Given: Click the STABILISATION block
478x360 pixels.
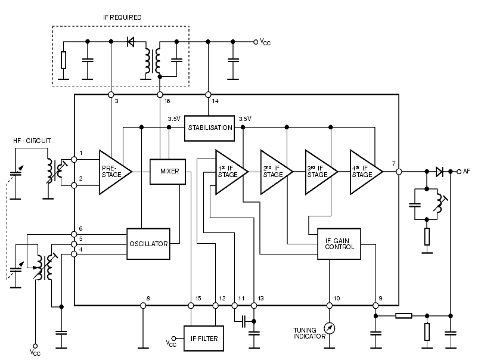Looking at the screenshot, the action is click(209, 128).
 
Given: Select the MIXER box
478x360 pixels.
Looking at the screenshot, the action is click(167, 172).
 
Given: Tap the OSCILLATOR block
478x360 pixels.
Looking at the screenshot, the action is click(148, 244).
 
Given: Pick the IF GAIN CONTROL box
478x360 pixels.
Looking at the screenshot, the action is click(339, 244).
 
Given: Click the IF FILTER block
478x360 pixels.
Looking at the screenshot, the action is click(204, 339).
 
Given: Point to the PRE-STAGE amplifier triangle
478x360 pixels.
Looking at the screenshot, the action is click(115, 172).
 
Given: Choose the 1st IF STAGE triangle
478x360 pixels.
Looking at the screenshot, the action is click(231, 172).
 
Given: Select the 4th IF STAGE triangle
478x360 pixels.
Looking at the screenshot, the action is click(366, 172).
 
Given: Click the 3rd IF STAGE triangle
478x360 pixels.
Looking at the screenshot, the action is click(321, 172).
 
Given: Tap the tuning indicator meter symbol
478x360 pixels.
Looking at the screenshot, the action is click(329, 328).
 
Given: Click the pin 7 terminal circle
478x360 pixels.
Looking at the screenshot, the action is click(399, 172).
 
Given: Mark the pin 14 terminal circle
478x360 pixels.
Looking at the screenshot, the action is click(208, 95).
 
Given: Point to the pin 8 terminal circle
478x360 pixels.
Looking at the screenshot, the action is click(143, 305).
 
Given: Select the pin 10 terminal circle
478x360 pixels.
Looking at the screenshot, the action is click(329, 305).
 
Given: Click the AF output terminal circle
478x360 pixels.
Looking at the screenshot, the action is click(459, 172).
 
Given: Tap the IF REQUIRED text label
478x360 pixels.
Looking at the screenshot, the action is click(122, 17).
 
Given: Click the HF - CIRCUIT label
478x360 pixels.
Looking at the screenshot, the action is click(32, 141).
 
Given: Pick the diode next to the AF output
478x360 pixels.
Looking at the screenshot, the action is click(439, 172).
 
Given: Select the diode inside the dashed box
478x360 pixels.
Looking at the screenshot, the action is click(131, 42).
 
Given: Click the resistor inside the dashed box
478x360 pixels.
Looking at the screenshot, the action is click(63, 60).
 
